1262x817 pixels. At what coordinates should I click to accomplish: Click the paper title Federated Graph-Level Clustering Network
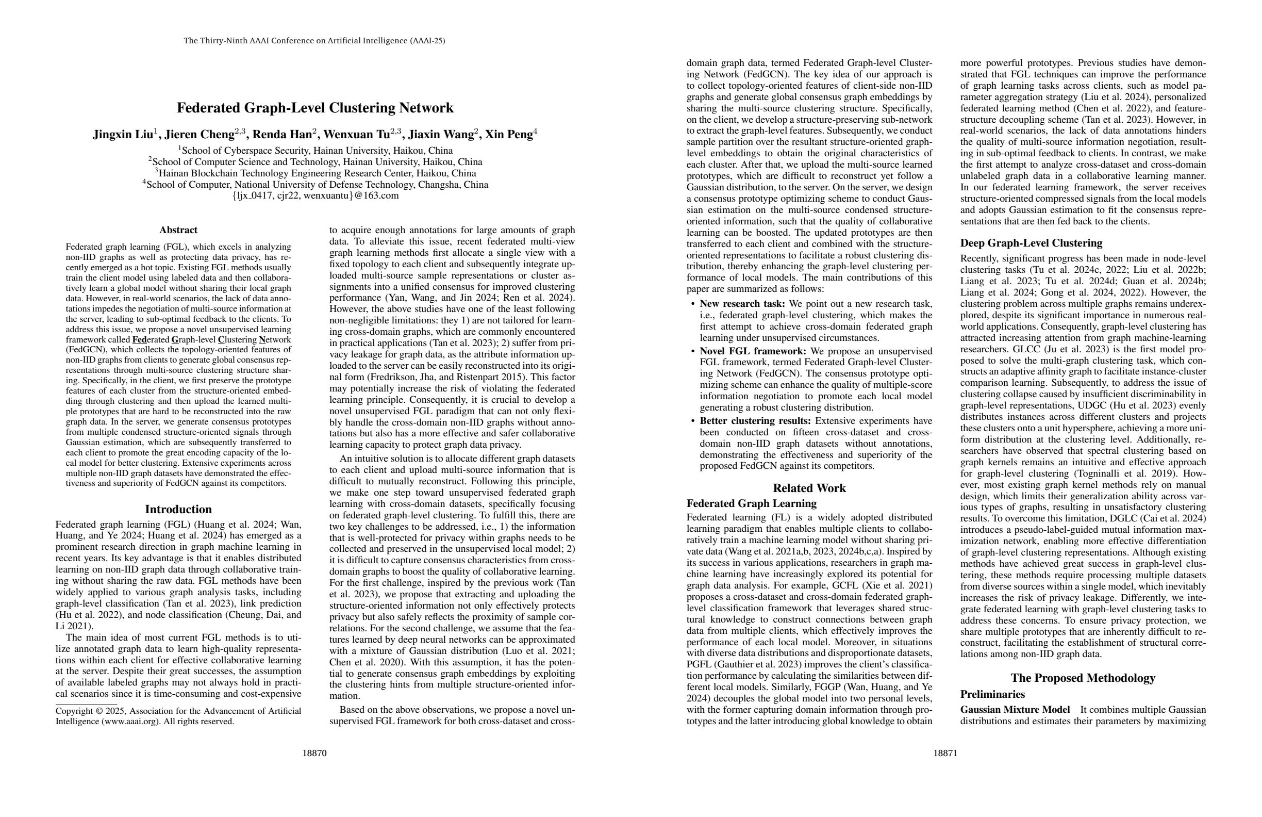pos(315,108)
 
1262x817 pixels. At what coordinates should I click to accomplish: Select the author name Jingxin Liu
pos(123,135)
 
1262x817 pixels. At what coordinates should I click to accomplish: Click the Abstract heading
pos(178,230)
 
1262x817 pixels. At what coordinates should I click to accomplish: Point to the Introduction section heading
pos(178,509)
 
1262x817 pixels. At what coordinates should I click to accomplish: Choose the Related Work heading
pos(809,488)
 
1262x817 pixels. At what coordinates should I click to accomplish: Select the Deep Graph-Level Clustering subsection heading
pos(1031,243)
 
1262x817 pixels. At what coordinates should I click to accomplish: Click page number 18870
pos(314,753)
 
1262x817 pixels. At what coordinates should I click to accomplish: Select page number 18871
pos(945,753)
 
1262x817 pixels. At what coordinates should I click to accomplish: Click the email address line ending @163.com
pos(315,196)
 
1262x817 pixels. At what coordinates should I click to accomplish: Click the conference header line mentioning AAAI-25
pos(314,41)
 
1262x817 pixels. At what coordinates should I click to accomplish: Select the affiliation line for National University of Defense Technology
pos(315,185)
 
